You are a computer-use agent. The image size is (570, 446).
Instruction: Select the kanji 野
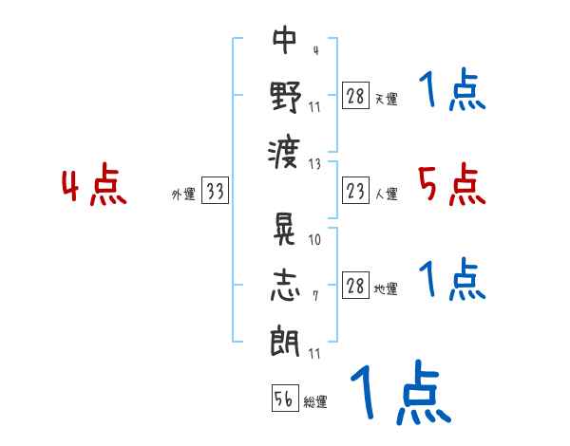[x=285, y=97]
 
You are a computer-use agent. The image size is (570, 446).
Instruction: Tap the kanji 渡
[x=285, y=152]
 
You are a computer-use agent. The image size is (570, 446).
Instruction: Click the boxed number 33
[x=215, y=193]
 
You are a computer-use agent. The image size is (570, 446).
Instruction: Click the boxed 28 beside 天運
[x=355, y=97]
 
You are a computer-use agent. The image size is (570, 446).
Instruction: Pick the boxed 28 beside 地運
[x=355, y=287]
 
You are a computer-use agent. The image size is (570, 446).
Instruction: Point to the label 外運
[x=183, y=195]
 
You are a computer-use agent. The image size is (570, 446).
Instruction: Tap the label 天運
[x=387, y=99]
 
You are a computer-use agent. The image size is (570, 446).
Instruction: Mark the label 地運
[x=387, y=288]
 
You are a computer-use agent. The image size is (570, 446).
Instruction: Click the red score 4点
[x=94, y=186]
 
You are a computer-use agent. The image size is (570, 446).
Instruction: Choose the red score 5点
[x=451, y=184]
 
